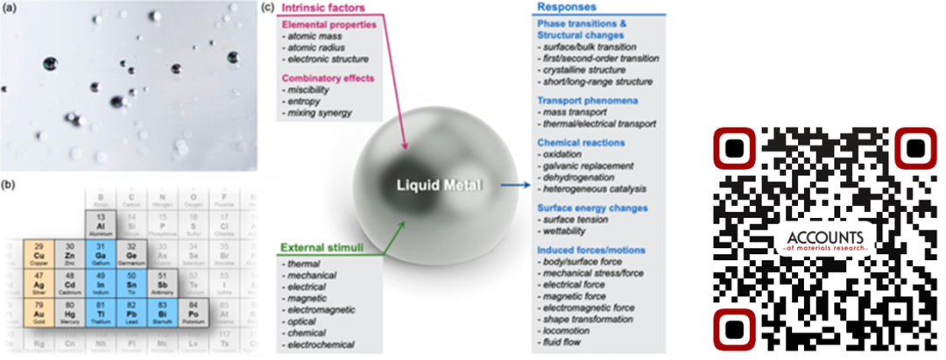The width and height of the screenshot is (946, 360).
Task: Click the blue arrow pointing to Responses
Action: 512,186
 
